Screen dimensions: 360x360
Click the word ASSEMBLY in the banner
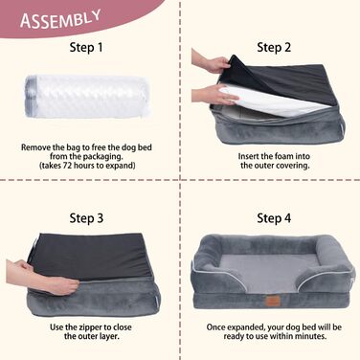[60, 19]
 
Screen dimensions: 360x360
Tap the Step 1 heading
[86, 48]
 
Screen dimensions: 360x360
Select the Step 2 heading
[274, 48]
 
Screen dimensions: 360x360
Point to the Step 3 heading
[86, 218]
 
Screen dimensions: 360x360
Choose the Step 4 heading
[274, 218]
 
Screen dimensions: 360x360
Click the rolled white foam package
[86, 97]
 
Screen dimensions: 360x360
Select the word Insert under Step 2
[248, 156]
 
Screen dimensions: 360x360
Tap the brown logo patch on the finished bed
[274, 301]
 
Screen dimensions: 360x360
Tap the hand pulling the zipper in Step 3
[45, 277]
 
